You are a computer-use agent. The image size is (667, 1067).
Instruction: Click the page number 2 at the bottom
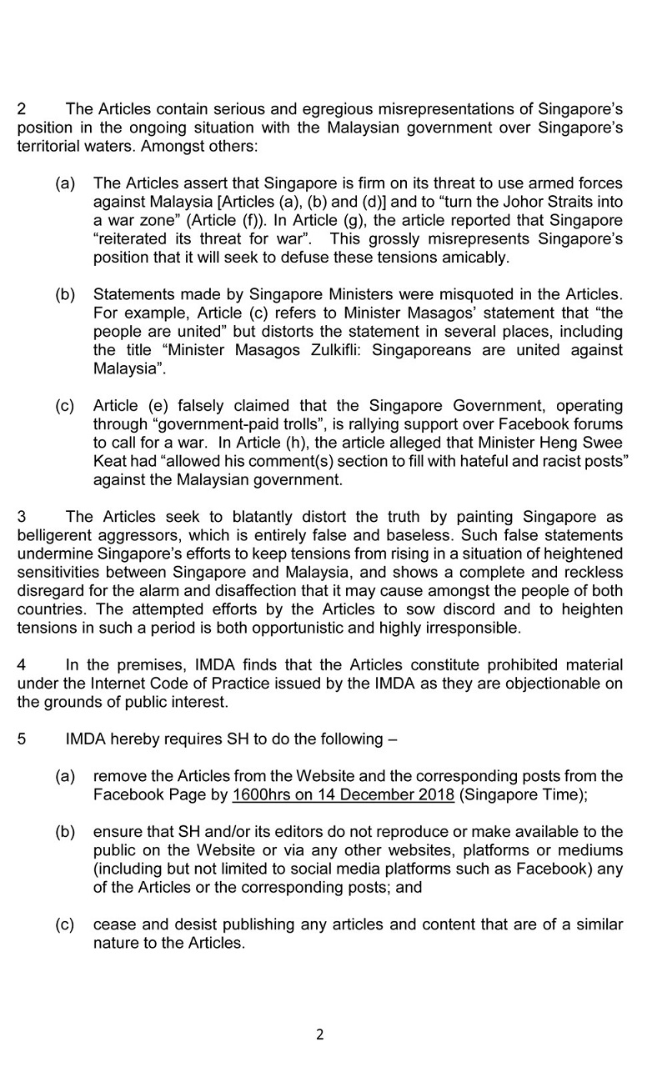(x=320, y=1035)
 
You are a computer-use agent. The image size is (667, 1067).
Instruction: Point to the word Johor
(x=479, y=201)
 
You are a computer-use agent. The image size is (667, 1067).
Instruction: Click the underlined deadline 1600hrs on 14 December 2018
(x=344, y=794)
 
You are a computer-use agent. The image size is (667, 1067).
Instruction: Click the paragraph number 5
(x=22, y=739)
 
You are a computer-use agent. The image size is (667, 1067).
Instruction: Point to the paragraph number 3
(x=22, y=515)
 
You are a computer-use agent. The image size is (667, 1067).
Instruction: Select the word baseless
(x=463, y=533)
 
